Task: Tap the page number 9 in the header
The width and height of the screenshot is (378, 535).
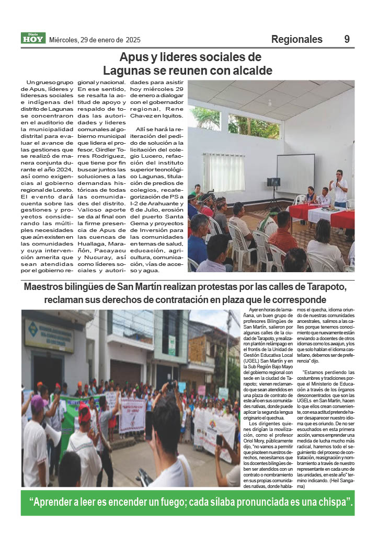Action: tap(347, 40)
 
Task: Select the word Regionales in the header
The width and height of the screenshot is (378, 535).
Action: tap(297, 40)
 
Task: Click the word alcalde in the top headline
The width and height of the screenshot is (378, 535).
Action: tap(250, 70)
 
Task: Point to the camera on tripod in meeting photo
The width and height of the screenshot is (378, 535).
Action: tap(273, 182)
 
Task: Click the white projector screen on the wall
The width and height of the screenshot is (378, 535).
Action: tap(295, 173)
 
